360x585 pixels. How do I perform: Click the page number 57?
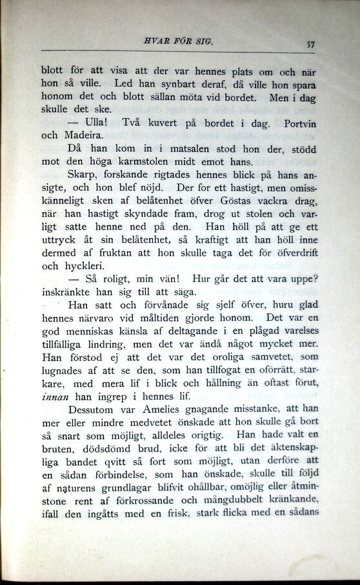pos(310,45)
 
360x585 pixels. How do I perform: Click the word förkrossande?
pos(147,499)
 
